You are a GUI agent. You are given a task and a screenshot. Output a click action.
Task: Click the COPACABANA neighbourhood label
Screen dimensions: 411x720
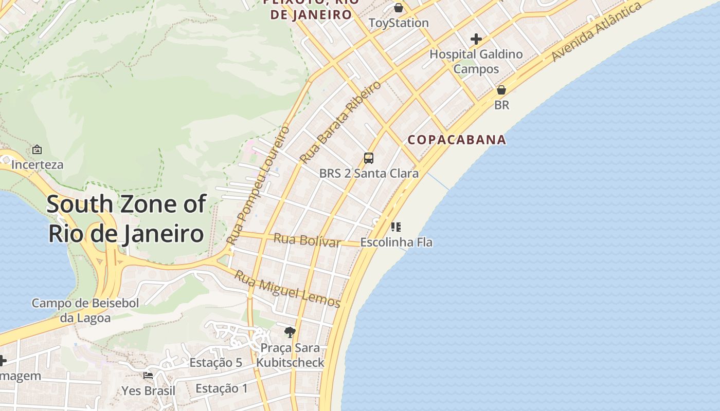(457, 140)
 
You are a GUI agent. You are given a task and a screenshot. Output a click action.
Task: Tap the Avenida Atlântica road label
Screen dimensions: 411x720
(597, 32)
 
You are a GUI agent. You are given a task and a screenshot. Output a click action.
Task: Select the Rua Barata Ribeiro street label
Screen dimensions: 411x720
(340, 122)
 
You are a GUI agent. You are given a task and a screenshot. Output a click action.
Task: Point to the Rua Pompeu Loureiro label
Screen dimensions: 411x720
(258, 185)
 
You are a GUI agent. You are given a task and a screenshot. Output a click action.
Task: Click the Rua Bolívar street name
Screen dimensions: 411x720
(307, 240)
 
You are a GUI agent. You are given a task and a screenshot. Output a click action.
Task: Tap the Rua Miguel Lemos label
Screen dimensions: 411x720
(287, 289)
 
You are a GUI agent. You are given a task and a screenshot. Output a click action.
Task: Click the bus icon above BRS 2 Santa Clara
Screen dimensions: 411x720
(368, 158)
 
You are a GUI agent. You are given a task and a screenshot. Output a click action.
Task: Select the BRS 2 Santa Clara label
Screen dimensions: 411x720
(369, 174)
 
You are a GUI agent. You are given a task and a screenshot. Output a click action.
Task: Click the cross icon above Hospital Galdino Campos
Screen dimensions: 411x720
(476, 39)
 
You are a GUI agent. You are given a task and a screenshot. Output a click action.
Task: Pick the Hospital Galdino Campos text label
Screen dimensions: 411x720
(476, 61)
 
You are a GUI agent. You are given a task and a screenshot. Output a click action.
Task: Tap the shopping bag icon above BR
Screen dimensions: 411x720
(501, 90)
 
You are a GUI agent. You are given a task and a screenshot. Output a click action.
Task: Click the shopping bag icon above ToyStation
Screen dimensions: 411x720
(399, 8)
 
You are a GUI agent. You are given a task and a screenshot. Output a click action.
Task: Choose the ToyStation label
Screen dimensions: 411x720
(399, 23)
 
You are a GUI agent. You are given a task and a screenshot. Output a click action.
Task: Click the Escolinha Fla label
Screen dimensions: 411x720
(396, 242)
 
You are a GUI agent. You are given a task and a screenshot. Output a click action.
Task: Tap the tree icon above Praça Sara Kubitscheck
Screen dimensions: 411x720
(290, 332)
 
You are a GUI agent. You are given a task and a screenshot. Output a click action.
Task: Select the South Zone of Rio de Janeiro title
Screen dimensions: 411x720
(127, 219)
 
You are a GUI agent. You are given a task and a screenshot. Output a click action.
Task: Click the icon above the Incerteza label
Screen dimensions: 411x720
(37, 150)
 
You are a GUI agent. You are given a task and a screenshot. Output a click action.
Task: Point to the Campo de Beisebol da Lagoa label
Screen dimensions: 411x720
(85, 310)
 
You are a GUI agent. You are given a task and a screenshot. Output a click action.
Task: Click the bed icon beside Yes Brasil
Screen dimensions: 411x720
(148, 376)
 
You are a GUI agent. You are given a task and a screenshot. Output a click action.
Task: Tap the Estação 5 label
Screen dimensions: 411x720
(215, 363)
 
